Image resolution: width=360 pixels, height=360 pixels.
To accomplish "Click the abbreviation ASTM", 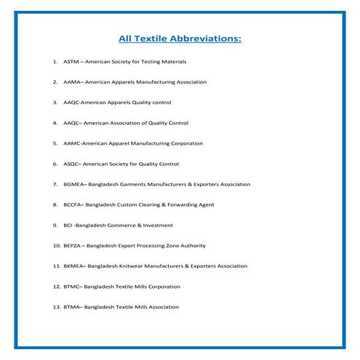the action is click(x=72, y=62).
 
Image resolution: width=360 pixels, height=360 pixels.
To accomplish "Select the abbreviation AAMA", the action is click(x=73, y=82).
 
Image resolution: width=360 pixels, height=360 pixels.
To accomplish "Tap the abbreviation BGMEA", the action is click(x=75, y=184).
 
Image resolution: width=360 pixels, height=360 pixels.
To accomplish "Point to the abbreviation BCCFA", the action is click(x=74, y=204).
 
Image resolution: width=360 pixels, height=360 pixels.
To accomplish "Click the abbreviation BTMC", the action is click(x=73, y=287).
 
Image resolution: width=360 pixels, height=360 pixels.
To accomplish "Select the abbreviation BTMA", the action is click(x=73, y=307).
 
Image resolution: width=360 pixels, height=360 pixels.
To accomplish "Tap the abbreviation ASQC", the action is click(x=73, y=164).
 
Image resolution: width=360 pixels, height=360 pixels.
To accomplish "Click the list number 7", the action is click(x=55, y=184).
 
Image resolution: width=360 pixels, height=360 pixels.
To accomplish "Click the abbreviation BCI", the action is click(x=69, y=225).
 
